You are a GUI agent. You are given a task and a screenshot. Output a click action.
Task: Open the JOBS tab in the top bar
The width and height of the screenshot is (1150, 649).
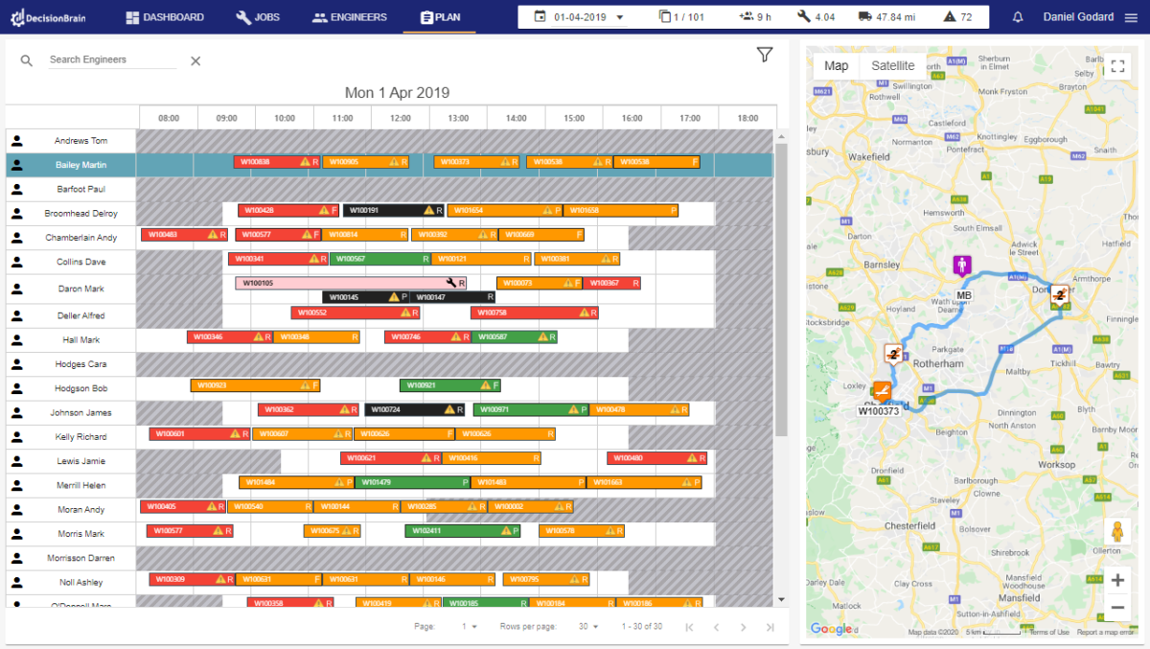tap(258, 17)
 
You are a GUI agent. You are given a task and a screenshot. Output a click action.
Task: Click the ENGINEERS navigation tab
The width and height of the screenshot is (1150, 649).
tap(350, 17)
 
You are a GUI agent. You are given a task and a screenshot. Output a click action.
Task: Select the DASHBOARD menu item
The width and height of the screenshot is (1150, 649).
tap(165, 17)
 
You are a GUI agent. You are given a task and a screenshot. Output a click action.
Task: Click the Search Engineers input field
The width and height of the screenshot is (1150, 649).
tap(112, 59)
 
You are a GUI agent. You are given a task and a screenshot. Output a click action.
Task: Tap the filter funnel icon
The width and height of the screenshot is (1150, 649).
tap(764, 56)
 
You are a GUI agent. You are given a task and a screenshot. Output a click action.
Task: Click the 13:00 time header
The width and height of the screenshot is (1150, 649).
tap(458, 118)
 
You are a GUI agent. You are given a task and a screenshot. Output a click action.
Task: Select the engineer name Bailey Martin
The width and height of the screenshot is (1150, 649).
tap(80, 165)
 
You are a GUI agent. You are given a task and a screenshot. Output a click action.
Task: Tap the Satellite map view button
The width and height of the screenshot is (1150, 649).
tap(892, 66)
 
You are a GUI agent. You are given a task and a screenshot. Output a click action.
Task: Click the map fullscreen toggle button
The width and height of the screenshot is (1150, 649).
tap(1117, 66)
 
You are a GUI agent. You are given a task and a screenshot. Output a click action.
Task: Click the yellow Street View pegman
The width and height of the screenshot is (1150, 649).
tap(1115, 532)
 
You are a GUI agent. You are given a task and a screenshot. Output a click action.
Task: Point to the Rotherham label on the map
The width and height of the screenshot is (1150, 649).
tap(938, 364)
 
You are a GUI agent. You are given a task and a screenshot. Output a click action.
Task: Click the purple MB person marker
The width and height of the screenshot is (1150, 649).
tap(962, 266)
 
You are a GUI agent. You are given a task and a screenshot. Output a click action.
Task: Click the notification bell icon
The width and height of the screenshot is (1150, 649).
tap(1018, 17)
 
